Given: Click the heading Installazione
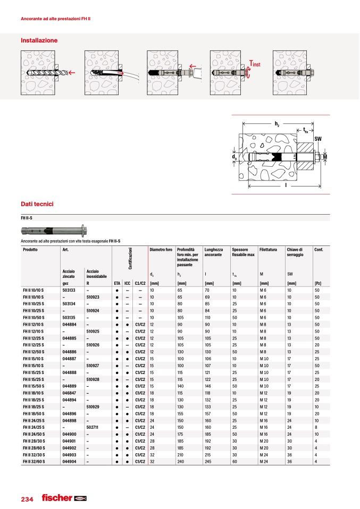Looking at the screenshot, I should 39,40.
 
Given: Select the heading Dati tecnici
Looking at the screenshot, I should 37,204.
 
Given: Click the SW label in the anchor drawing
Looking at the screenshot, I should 318,138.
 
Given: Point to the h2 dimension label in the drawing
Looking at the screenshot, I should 277,123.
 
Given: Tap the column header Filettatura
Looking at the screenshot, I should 269,250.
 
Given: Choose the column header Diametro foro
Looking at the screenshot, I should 161,250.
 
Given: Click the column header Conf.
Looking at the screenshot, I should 320,250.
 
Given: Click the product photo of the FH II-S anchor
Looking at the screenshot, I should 53,231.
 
